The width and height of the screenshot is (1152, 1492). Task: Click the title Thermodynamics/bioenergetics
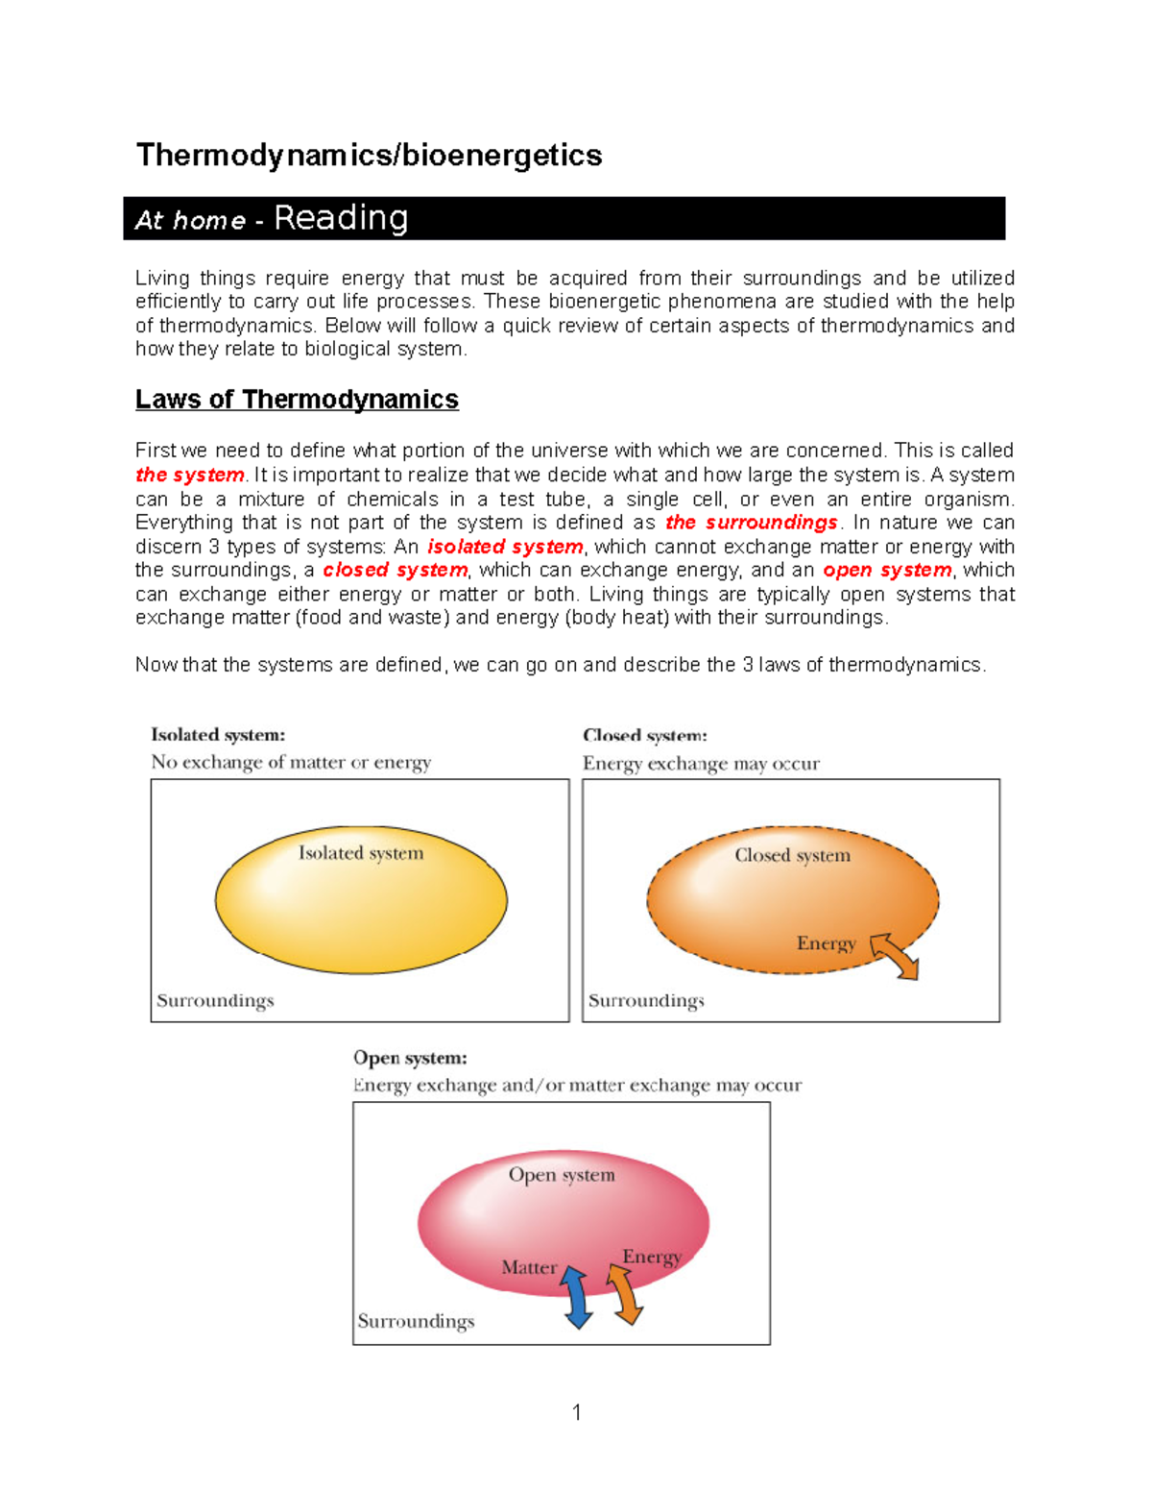369,156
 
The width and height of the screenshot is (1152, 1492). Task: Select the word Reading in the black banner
341,218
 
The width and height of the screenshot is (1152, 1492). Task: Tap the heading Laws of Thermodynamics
297,400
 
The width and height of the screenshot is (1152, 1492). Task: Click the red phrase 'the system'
189,475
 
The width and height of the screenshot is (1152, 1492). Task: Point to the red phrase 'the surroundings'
752,523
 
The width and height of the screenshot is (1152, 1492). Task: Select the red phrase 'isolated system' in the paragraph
505,547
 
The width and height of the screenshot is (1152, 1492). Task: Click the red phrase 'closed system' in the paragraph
395,570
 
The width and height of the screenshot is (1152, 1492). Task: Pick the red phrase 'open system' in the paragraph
887,570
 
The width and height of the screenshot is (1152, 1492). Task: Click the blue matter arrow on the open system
576,1297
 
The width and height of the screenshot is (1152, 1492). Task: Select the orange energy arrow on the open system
625,1294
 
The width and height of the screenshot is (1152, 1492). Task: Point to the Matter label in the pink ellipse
529,1267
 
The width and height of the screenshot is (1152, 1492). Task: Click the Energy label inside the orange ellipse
826,943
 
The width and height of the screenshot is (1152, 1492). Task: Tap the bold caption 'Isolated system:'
218,735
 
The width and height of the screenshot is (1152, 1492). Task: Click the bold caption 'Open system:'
410,1058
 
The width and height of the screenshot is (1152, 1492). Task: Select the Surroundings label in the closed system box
646,1000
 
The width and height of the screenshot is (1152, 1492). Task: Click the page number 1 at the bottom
576,1411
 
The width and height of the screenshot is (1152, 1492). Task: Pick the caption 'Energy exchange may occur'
701,764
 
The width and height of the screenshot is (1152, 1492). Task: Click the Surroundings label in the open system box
416,1321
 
